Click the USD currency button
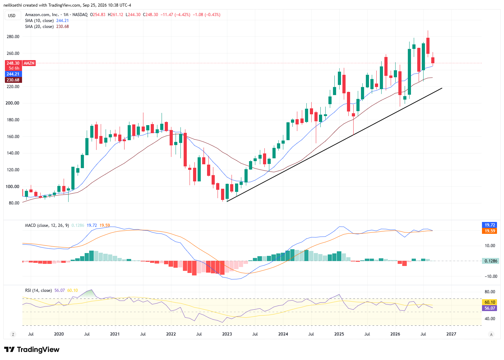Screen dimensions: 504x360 pyautogui.click(x=12, y=15)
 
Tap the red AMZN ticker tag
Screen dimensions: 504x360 pyautogui.click(x=29, y=63)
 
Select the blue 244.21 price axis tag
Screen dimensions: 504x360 pyautogui.click(x=13, y=74)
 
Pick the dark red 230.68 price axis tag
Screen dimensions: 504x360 pyautogui.click(x=13, y=80)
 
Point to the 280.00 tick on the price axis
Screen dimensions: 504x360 pyautogui.click(x=13, y=37)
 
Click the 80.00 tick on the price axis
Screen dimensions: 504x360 pyautogui.click(x=14, y=203)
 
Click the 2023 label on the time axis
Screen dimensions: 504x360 pyautogui.click(x=227, y=334)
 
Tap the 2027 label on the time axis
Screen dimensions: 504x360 pyautogui.click(x=451, y=334)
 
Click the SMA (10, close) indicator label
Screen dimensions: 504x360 pyautogui.click(x=40, y=21)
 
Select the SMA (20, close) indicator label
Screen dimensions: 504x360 pyautogui.click(x=40, y=27)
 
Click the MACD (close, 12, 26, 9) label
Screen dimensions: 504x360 pyautogui.click(x=47, y=225)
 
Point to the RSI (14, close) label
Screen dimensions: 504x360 pyautogui.click(x=38, y=290)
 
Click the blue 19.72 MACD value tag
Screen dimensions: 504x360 pyautogui.click(x=490, y=225)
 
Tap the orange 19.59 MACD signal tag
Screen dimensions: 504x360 pyautogui.click(x=490, y=231)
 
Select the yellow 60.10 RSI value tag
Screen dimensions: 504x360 pyautogui.click(x=490, y=302)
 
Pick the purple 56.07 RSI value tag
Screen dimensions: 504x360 pyautogui.click(x=490, y=308)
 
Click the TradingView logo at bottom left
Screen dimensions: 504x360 pyautogui.click(x=32, y=350)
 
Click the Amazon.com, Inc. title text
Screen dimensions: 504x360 pyautogui.click(x=42, y=15)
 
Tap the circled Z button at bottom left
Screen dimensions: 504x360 pyautogui.click(x=13, y=334)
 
